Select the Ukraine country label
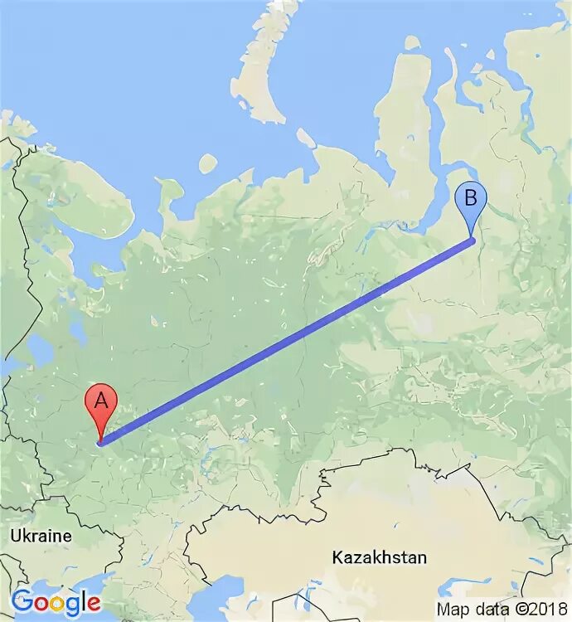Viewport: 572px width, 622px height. click(41, 537)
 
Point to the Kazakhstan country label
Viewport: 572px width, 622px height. click(379, 557)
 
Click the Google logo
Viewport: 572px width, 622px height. click(56, 600)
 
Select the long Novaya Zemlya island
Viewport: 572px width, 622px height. click(257, 75)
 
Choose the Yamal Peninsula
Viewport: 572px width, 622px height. click(402, 124)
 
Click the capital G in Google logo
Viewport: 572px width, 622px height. click(22, 600)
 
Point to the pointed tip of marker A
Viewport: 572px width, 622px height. click(100, 442)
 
